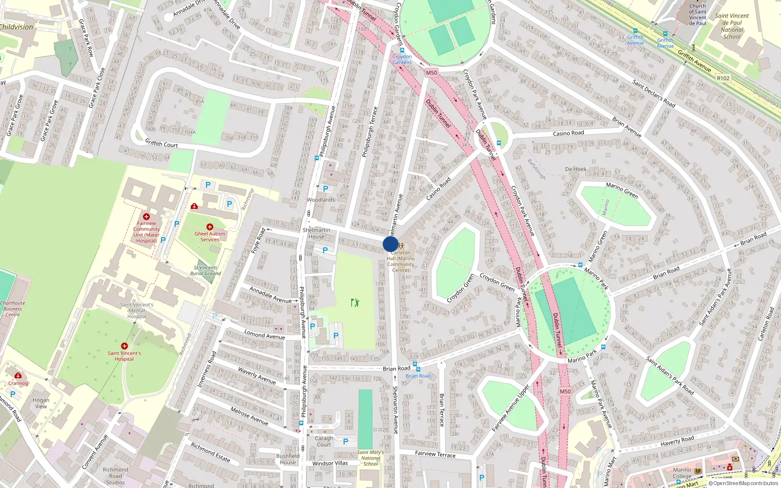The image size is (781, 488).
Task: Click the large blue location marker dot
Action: pyautogui.click(x=390, y=244)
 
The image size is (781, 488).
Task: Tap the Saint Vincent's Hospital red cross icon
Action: pyautogui.click(x=124, y=346)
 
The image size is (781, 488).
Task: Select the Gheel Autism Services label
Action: pyautogui.click(x=210, y=237)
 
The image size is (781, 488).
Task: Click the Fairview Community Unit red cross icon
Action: pyautogui.click(x=146, y=217)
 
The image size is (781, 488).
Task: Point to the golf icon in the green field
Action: pyautogui.click(x=355, y=303)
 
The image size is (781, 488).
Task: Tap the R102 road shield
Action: pyautogui.click(x=723, y=78)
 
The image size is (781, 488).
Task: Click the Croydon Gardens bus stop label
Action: pyautogui.click(x=402, y=59)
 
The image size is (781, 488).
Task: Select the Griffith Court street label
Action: pyautogui.click(x=162, y=143)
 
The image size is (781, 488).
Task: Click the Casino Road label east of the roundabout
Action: pyautogui.click(x=568, y=133)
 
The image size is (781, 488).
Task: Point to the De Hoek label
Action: pyautogui.click(x=575, y=169)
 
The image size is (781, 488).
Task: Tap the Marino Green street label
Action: pyautogui.click(x=622, y=190)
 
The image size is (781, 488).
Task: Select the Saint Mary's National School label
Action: pyautogui.click(x=370, y=458)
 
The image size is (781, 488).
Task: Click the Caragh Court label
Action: pyautogui.click(x=324, y=441)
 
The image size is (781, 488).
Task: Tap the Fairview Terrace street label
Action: pyautogui.click(x=435, y=454)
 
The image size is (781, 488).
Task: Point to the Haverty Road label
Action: pyautogui.click(x=677, y=441)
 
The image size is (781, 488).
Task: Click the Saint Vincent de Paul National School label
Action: pyautogui.click(x=732, y=26)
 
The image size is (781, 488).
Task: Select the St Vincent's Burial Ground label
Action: pyautogui.click(x=206, y=270)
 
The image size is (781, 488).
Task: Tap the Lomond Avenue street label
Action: pyautogui.click(x=265, y=335)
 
